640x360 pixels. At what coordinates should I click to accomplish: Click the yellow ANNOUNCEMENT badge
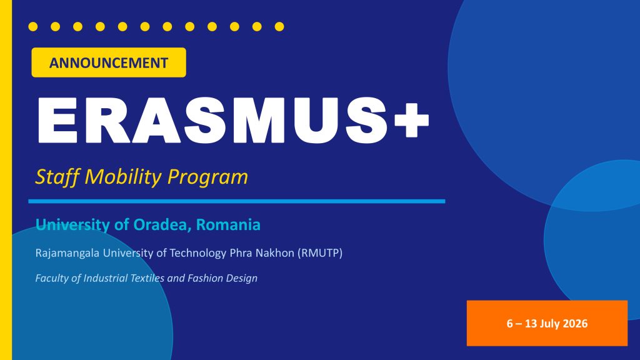coord(109,62)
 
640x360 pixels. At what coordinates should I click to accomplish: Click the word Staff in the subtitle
coord(57,177)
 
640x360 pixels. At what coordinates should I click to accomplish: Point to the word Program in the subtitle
coord(207,177)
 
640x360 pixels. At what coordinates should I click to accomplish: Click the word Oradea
coord(159,224)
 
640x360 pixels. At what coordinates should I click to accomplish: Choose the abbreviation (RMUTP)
coord(319,253)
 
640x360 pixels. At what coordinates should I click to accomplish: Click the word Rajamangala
coord(67,253)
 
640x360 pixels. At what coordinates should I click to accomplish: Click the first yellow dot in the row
coord(33,26)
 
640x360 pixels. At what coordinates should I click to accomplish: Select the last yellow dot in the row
coord(279,26)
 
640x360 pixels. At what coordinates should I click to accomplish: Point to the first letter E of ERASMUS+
coord(57,121)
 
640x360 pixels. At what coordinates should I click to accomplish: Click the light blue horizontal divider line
coord(237,201)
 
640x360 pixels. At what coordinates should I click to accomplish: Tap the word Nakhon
coord(275,253)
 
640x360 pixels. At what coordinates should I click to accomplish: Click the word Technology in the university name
coord(198,254)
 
